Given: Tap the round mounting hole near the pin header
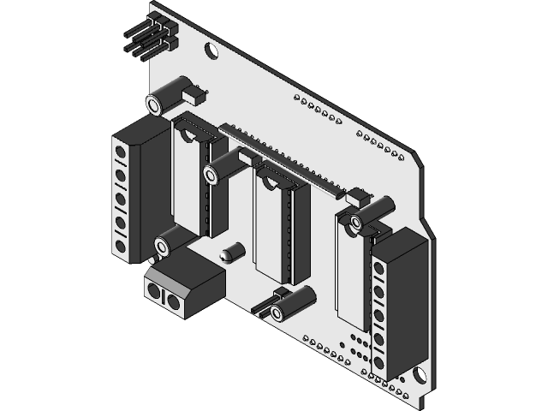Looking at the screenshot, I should tap(210, 50).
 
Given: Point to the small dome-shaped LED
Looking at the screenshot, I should tap(232, 253).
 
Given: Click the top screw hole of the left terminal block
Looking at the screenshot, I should tap(121, 153).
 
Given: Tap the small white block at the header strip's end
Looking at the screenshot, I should tap(356, 196).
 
